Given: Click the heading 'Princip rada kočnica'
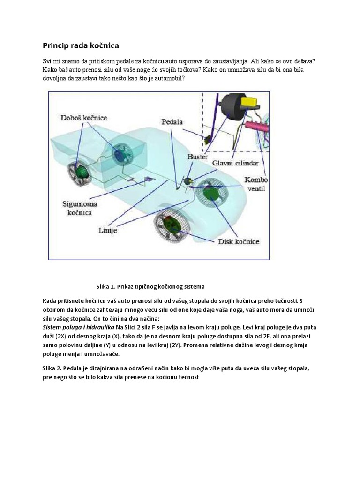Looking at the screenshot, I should (81, 45).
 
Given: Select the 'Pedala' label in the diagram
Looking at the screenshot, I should (172, 122).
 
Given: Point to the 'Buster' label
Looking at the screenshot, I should (197, 157).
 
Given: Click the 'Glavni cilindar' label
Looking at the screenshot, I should (235, 163).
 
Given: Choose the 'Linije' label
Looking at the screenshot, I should (108, 230).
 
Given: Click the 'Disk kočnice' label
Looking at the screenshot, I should (239, 242).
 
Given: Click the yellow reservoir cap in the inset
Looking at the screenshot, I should (247, 102).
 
